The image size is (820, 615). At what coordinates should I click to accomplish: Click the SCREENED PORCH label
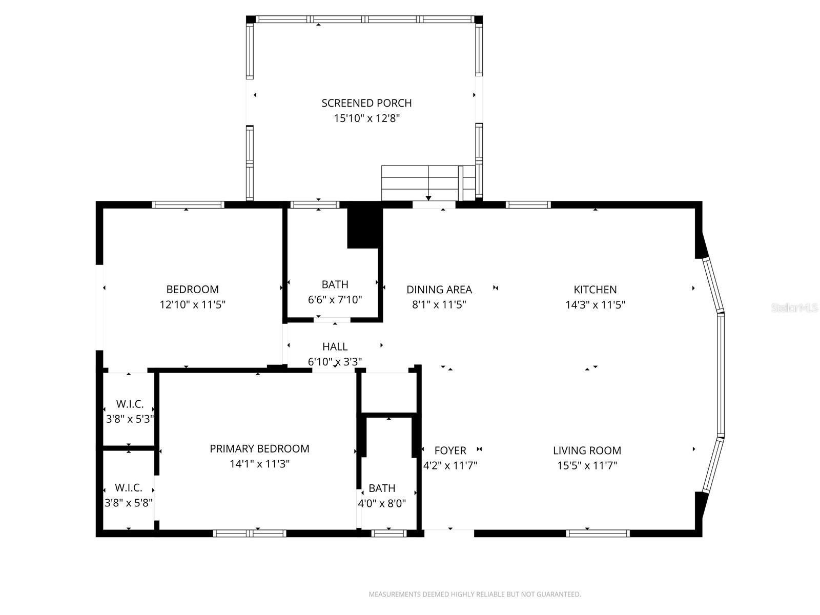(366, 103)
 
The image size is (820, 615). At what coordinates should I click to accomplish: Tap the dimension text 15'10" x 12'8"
(366, 118)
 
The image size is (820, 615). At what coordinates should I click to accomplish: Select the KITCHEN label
(595, 290)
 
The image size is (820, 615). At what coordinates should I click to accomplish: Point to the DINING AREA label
(439, 290)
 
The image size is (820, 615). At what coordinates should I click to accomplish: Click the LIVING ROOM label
(587, 450)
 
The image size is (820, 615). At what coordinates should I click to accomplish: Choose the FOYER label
(450, 450)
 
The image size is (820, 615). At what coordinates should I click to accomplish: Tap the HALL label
(335, 347)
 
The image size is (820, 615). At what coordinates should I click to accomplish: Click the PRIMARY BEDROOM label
(259, 449)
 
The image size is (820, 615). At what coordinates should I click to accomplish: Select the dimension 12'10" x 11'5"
(192, 305)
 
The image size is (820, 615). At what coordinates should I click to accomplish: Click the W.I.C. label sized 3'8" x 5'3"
(129, 404)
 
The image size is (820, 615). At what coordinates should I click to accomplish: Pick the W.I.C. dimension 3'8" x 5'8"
(129, 503)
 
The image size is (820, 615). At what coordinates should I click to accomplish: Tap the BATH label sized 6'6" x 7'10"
(335, 284)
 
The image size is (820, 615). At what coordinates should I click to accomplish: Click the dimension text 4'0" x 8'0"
(382, 504)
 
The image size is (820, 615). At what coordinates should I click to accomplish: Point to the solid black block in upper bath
(364, 225)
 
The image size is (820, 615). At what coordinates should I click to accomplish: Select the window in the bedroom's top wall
(188, 204)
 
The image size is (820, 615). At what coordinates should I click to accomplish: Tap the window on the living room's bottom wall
(598, 534)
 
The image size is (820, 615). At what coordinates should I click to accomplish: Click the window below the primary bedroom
(250, 534)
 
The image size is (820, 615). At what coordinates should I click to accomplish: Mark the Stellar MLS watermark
(794, 308)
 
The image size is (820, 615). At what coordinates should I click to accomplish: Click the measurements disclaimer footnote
(475, 594)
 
